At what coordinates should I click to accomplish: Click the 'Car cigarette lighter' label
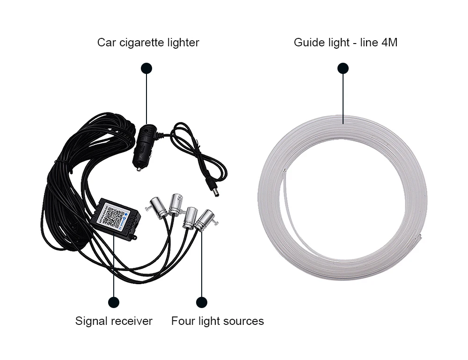point(148,43)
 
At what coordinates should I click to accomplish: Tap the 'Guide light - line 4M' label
point(345,43)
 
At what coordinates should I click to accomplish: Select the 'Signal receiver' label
point(114,321)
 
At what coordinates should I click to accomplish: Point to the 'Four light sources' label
point(217,321)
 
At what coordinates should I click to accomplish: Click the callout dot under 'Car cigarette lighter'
point(146,68)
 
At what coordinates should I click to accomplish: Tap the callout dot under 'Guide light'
point(343,68)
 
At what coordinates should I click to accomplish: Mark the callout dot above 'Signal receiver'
point(114,302)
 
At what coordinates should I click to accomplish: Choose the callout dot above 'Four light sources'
point(202,302)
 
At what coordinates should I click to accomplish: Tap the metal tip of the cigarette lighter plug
point(139,167)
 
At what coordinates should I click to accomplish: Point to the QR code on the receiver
point(112,215)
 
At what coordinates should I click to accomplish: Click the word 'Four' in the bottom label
point(182,321)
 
